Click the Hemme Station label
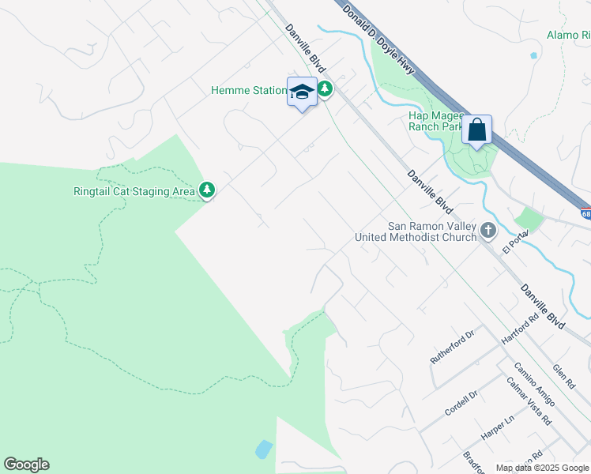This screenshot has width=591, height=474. point(248,91)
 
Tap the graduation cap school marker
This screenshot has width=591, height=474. point(302,92)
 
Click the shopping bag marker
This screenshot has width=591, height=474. point(477,130)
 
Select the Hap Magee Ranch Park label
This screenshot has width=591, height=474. point(435,120)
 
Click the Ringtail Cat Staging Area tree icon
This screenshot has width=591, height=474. point(206,190)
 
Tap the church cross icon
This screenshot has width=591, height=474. point(488,231)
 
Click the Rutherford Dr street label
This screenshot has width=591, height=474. point(451,347)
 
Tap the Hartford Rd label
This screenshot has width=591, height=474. point(519,328)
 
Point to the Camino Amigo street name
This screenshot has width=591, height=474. point(534,384)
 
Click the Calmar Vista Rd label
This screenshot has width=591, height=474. point(529,401)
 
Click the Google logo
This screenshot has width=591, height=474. point(26,465)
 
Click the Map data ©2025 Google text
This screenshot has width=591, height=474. point(541,468)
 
